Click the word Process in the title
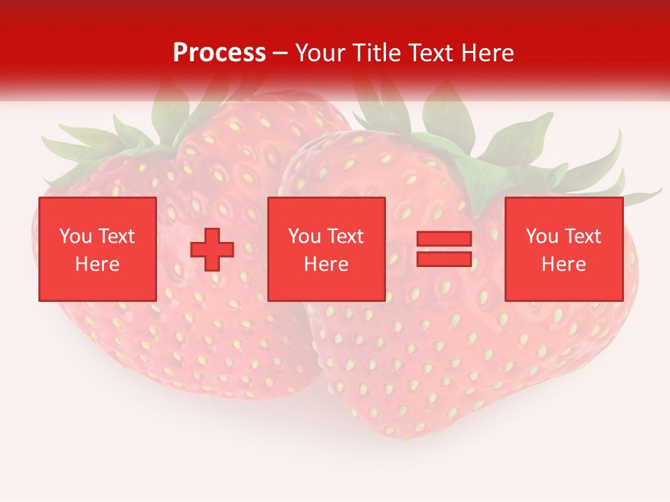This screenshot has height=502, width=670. point(219,53)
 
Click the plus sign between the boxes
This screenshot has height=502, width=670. point(212,249)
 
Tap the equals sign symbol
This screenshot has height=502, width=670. point(444,249)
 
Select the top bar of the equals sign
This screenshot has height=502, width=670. point(444,239)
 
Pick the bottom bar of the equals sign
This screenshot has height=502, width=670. point(444,259)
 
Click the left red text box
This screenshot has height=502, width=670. point(97,249)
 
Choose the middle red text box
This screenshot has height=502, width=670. point(326,249)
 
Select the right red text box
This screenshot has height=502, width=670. point(563,249)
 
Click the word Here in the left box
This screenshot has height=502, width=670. point(97,264)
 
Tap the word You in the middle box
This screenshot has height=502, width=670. point(304,236)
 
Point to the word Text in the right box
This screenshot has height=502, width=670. point(582,236)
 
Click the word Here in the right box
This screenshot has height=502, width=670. point(563,264)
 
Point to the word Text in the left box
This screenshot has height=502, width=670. point(116,236)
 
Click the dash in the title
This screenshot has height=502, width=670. point(280,53)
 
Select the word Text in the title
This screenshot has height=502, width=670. point(430,53)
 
